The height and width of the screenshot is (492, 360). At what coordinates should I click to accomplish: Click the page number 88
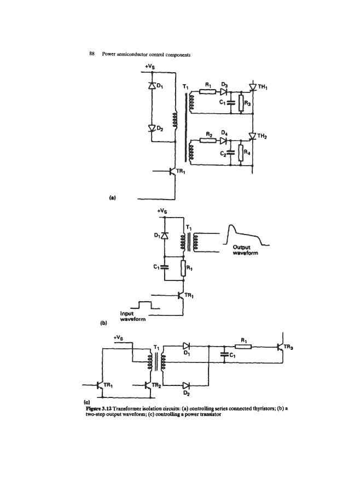92,54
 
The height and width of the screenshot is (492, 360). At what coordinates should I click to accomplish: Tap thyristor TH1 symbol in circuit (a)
253,87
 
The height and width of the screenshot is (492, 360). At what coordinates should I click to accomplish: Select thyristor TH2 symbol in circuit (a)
253,136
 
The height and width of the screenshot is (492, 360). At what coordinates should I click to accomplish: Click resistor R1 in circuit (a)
208,92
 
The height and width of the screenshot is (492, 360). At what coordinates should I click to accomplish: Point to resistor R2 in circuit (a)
208,140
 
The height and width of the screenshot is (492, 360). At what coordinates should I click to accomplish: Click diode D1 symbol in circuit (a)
152,85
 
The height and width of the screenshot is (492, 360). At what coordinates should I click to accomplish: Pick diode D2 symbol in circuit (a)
152,128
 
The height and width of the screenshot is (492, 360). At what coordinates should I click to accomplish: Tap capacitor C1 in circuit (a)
231,102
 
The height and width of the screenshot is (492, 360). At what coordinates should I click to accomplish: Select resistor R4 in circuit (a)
241,154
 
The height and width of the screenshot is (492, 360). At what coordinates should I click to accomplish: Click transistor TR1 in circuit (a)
171,171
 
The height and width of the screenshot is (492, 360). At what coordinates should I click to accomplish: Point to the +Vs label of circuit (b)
162,211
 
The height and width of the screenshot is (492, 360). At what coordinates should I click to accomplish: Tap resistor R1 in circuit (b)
183,268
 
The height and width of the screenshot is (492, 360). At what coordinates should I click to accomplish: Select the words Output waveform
245,250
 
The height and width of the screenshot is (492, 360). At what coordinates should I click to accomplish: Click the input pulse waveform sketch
145,305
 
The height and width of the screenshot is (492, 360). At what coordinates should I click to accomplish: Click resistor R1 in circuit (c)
243,347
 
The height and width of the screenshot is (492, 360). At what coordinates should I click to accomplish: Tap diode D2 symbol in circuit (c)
186,385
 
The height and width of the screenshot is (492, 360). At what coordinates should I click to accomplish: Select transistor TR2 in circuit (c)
148,385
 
